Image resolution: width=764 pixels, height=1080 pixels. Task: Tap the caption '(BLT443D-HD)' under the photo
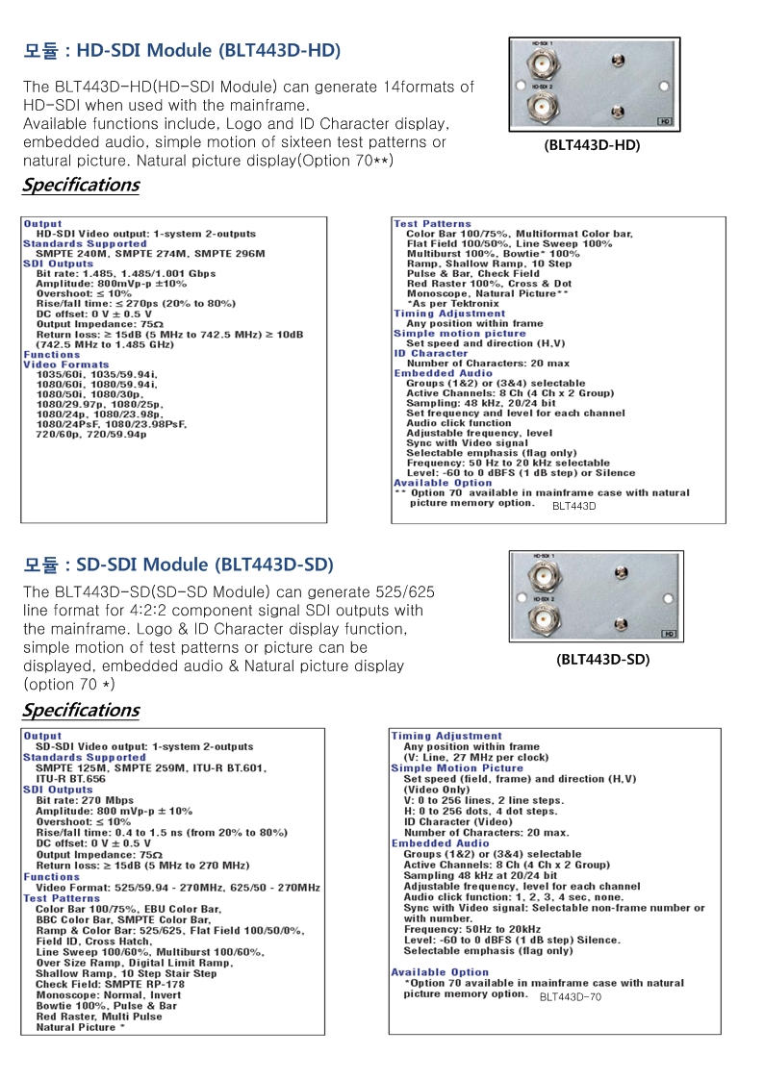[592, 146]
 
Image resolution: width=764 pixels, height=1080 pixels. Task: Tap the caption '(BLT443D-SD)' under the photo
[602, 660]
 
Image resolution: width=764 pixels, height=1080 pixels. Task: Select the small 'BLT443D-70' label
[571, 997]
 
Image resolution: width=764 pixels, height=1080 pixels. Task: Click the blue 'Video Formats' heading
[66, 364]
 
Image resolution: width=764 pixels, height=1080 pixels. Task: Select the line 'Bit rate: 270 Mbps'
[85, 800]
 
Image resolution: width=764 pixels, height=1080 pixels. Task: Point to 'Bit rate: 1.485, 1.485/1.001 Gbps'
[126, 274]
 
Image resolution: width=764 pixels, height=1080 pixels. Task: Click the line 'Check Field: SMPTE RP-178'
[110, 984]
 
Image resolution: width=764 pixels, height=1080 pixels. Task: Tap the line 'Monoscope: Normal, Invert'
[108, 995]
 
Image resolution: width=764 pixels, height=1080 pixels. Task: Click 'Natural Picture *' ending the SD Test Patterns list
[81, 1027]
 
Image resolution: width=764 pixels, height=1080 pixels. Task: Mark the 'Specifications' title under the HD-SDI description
[81, 185]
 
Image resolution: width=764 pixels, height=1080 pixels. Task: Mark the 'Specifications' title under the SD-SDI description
[81, 711]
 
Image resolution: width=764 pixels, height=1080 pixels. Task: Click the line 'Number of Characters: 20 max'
[488, 364]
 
